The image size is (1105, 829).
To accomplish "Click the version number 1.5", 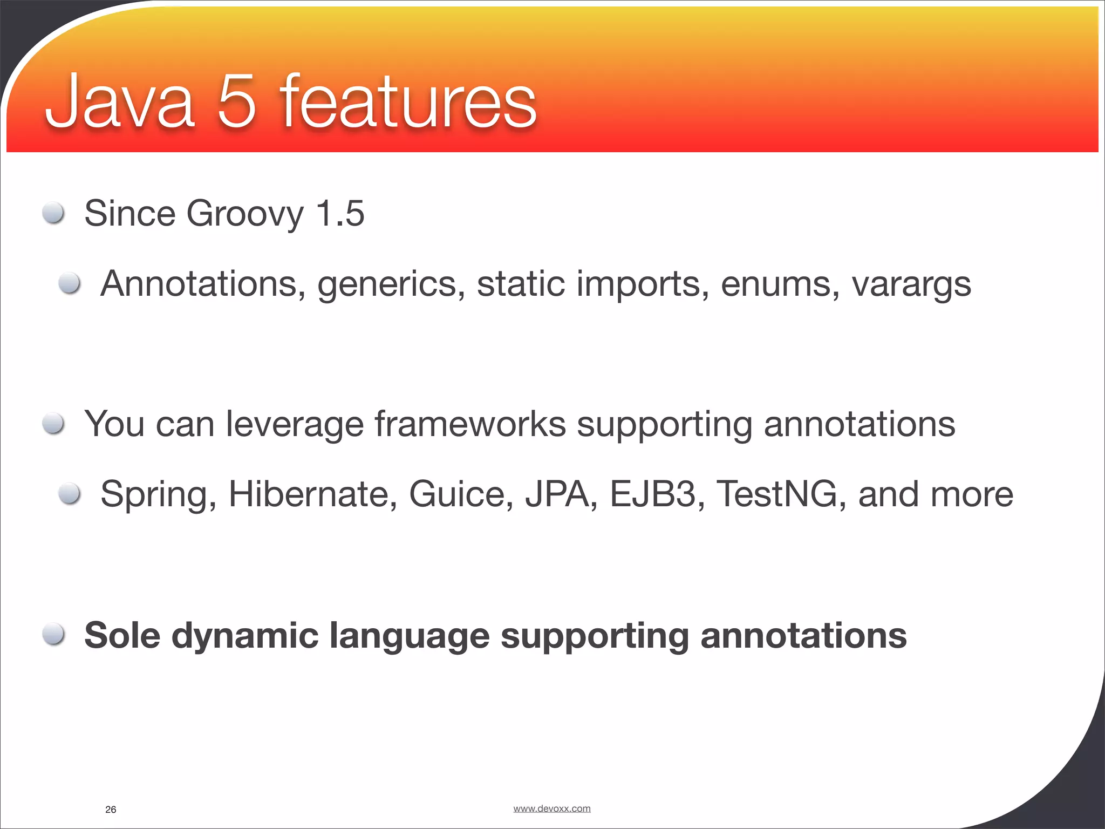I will [x=340, y=213].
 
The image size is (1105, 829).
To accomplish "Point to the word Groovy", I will [x=245, y=214].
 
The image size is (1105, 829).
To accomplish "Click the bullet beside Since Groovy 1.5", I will [x=54, y=213].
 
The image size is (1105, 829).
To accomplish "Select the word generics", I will [x=391, y=284].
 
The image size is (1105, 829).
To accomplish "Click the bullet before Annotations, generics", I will [x=70, y=283].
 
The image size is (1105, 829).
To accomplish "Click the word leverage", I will [x=295, y=425].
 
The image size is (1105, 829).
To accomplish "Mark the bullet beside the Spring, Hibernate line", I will [x=70, y=493].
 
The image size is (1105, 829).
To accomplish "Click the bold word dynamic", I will [x=244, y=636].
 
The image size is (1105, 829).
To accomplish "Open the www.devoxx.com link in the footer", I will [x=551, y=808].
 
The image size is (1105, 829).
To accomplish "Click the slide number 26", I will [x=111, y=810].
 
